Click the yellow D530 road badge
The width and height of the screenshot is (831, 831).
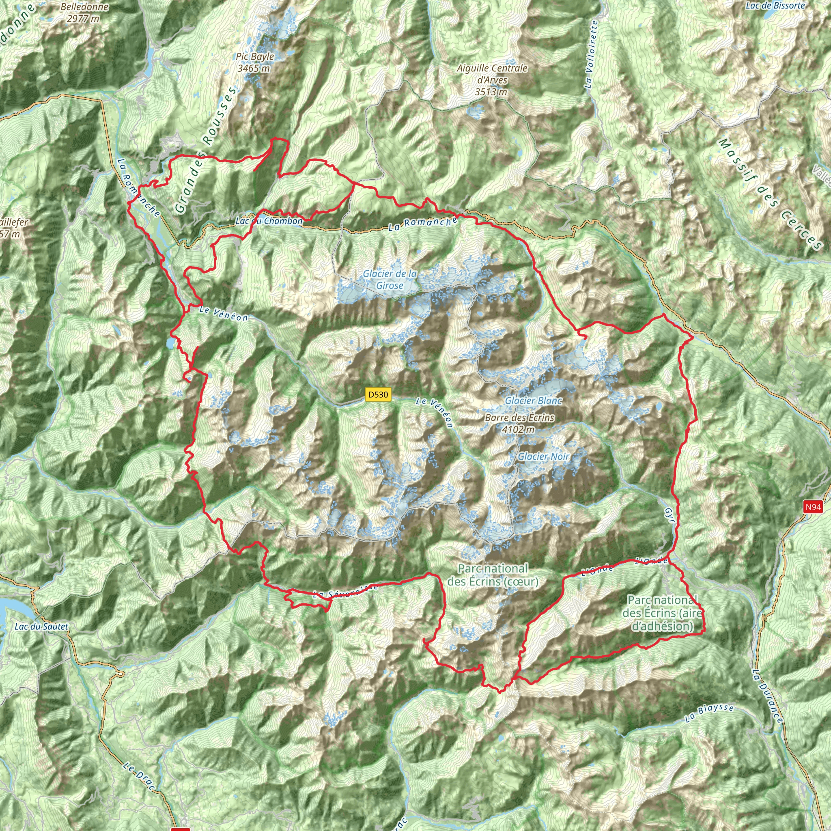pyautogui.click(x=378, y=394)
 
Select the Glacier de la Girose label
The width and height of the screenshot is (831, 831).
pyautogui.click(x=390, y=280)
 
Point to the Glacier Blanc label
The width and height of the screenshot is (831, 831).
pyautogui.click(x=533, y=400)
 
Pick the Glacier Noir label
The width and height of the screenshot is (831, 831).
pyautogui.click(x=543, y=456)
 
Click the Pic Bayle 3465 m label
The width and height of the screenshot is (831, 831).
pyautogui.click(x=255, y=62)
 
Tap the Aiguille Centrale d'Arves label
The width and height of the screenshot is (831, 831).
pyautogui.click(x=492, y=80)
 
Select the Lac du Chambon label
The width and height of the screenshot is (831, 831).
pyautogui.click(x=269, y=221)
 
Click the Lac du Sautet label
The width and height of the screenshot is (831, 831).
pyautogui.click(x=41, y=626)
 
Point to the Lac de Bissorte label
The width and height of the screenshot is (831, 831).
pyautogui.click(x=775, y=6)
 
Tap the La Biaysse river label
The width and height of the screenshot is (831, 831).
pyautogui.click(x=709, y=713)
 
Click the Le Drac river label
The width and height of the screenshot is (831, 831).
pyautogui.click(x=138, y=776)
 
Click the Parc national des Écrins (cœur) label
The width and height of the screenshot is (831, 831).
pyautogui.click(x=493, y=575)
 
